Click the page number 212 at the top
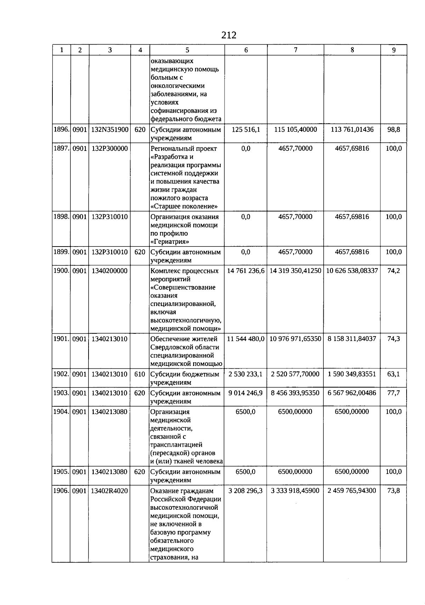[x=228, y=35]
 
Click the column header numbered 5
[x=187, y=50]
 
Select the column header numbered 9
[x=393, y=50]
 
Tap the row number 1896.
[x=61, y=130]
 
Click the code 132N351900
[x=110, y=130]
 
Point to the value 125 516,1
[x=246, y=130]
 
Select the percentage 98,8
[x=393, y=130]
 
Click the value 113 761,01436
[x=352, y=130]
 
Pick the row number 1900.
[x=61, y=271]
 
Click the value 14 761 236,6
[x=246, y=271]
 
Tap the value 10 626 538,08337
[x=352, y=271]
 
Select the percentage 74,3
[x=393, y=339]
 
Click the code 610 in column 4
[x=140, y=374]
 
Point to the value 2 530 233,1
[x=246, y=374]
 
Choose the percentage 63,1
[x=393, y=374]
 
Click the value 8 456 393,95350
[x=295, y=393]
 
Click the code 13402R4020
[x=110, y=491]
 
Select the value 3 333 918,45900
[x=295, y=491]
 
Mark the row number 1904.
[x=61, y=412]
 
